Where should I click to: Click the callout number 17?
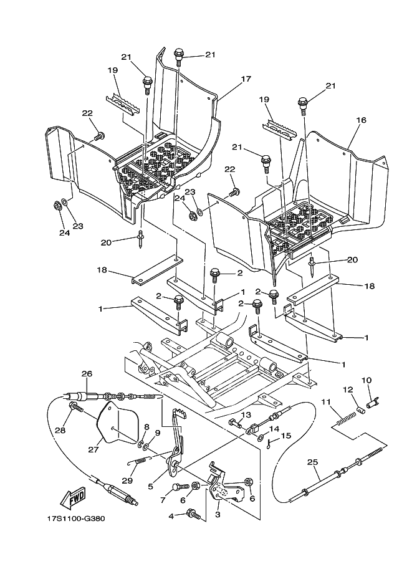(x=246, y=79)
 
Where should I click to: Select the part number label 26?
(x=87, y=374)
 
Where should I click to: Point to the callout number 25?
(x=312, y=462)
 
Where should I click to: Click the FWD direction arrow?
(x=73, y=498)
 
